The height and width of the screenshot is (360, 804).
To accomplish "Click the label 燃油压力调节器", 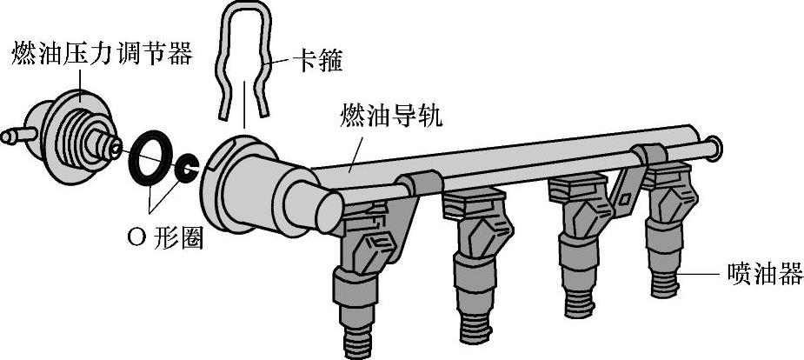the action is (101, 55).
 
